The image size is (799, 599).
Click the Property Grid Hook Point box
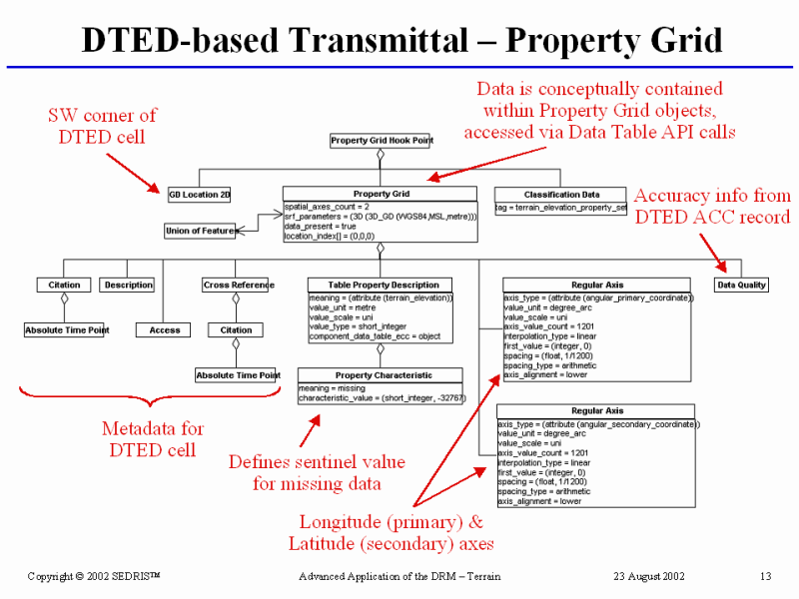click(381, 141)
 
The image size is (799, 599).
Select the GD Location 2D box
click(200, 195)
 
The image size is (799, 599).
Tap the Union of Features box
click(201, 232)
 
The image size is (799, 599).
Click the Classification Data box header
click(561, 194)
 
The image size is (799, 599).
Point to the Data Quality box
click(742, 285)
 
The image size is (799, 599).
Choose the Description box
click(128, 285)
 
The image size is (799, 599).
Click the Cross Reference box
click(238, 285)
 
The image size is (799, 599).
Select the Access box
click(165, 329)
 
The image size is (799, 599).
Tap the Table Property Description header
click(379, 285)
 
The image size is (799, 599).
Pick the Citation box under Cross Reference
click(237, 329)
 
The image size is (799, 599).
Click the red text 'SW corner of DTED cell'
click(103, 125)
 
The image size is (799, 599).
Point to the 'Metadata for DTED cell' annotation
click(153, 438)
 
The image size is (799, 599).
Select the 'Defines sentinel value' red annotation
click(317, 472)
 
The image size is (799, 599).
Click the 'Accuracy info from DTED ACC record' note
click(712, 206)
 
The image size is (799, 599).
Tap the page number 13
click(766, 577)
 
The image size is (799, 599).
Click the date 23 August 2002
click(649, 577)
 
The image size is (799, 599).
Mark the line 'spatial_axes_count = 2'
click(326, 206)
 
